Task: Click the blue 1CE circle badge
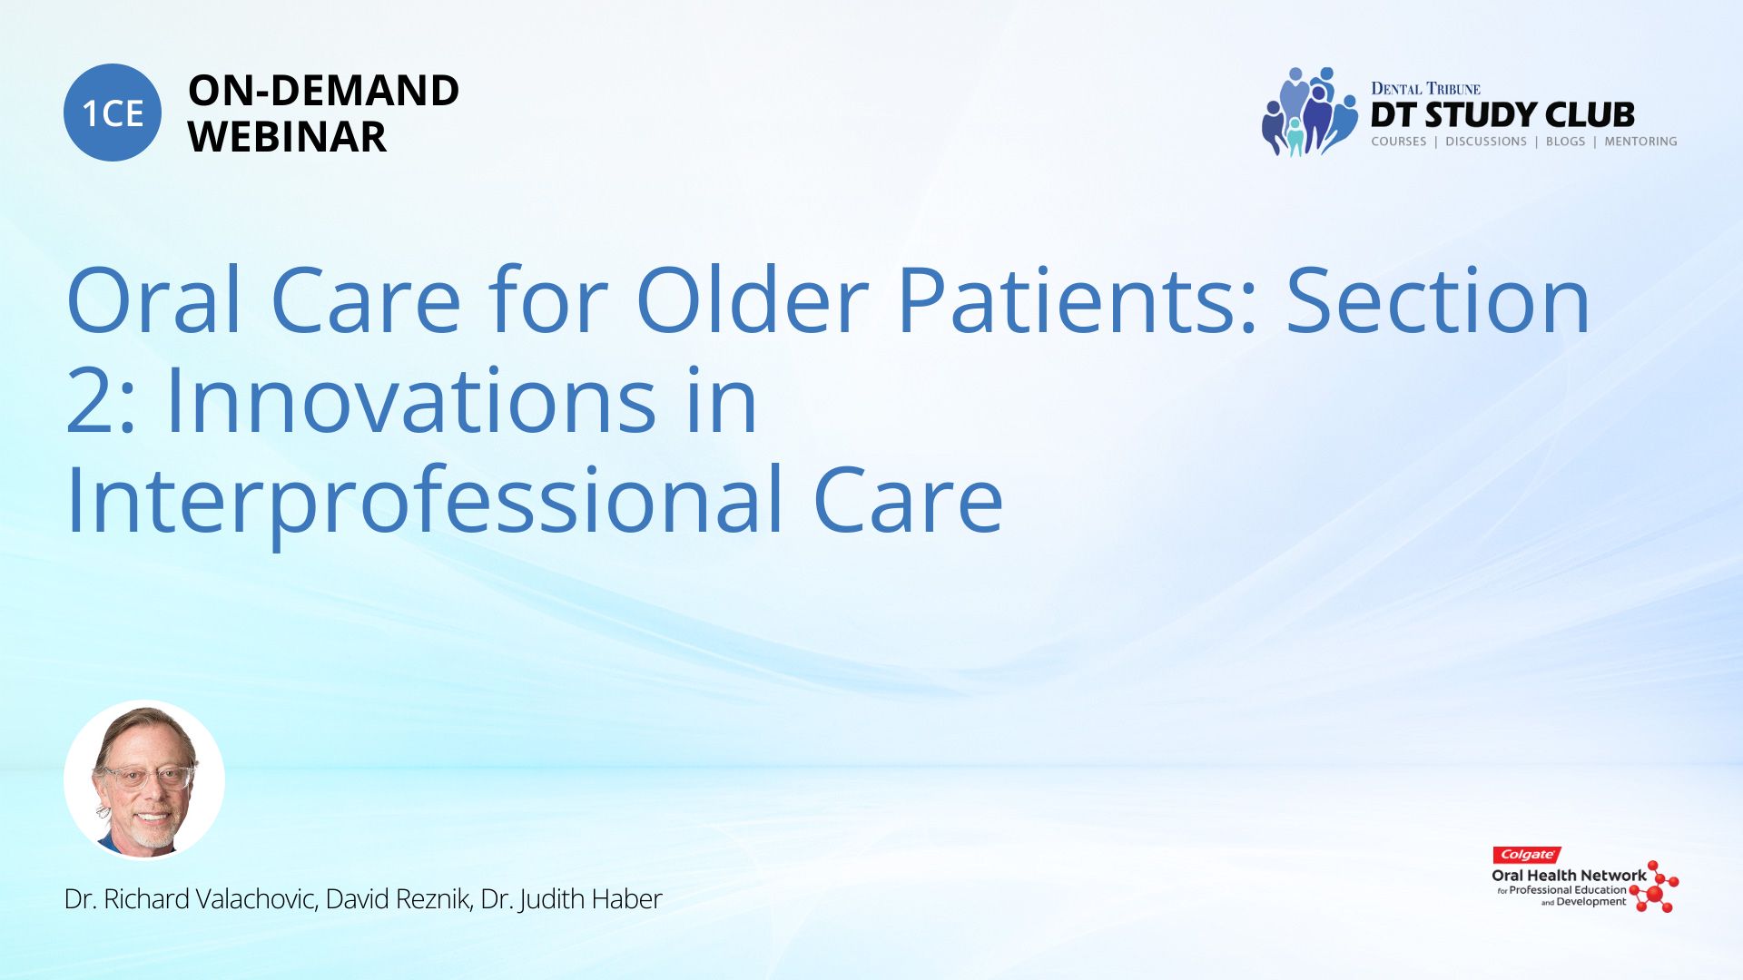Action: (113, 113)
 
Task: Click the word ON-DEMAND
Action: (323, 91)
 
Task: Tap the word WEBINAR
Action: (287, 137)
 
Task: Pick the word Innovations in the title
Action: (411, 400)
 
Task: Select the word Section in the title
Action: (1438, 300)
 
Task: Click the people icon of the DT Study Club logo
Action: (1309, 112)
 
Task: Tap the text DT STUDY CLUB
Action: (1502, 115)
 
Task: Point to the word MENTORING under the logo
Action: (1640, 142)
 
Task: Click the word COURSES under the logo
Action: (1399, 142)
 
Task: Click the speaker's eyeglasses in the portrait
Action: (144, 777)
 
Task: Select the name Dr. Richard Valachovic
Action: (191, 899)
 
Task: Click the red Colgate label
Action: (1527, 855)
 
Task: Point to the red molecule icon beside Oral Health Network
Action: (1654, 887)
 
